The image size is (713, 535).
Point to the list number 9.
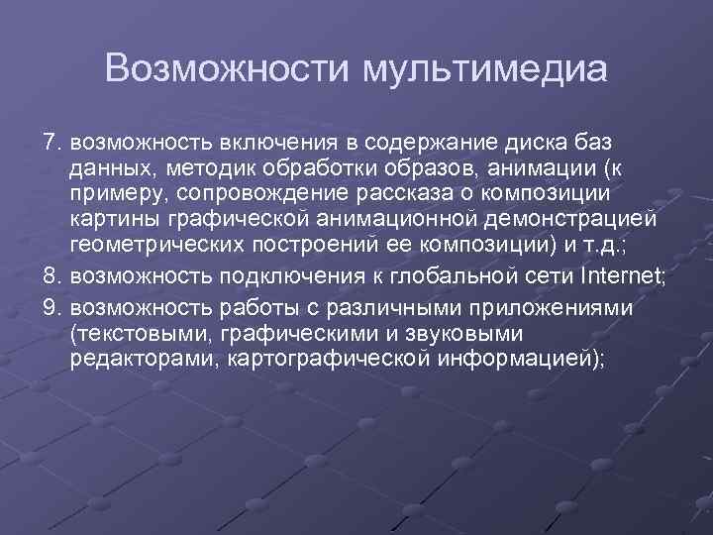click(53, 308)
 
